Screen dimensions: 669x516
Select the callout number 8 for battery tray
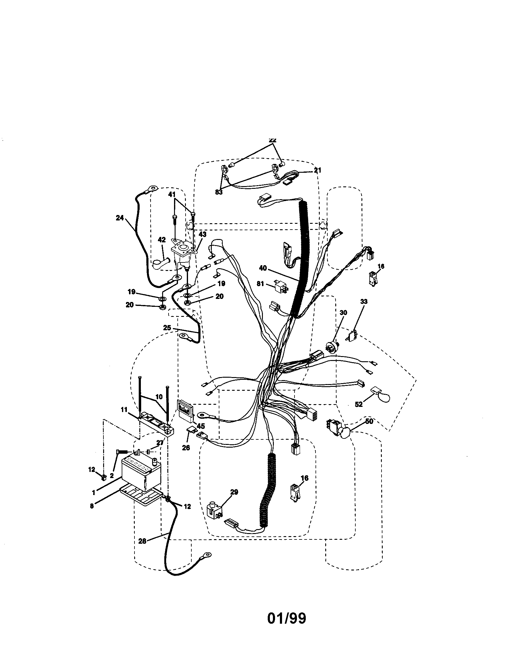pyautogui.click(x=92, y=506)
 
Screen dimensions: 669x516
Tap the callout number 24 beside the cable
pyautogui.click(x=120, y=218)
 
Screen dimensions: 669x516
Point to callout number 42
pyautogui.click(x=162, y=240)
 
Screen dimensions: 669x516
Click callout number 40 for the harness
pyautogui.click(x=263, y=268)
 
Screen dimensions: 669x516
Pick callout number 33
pyautogui.click(x=364, y=302)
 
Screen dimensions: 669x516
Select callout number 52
pyautogui.click(x=358, y=404)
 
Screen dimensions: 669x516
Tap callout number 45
pyautogui.click(x=201, y=426)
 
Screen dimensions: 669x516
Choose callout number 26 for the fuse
pyautogui.click(x=186, y=448)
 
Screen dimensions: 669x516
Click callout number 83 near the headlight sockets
pyautogui.click(x=219, y=192)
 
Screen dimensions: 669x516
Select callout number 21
pyautogui.click(x=317, y=170)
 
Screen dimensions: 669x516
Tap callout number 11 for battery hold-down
pyautogui.click(x=124, y=410)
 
